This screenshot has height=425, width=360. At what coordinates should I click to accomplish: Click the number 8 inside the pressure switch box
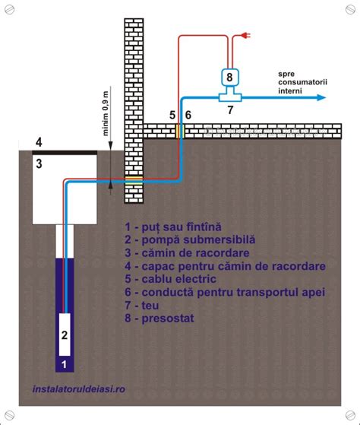point(229,77)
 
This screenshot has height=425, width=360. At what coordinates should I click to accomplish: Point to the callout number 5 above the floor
point(172,114)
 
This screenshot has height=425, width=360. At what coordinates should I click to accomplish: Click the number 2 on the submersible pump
point(65,334)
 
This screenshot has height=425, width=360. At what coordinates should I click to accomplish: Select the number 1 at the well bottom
point(65,364)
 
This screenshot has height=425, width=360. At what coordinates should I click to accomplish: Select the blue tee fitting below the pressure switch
point(229,96)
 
